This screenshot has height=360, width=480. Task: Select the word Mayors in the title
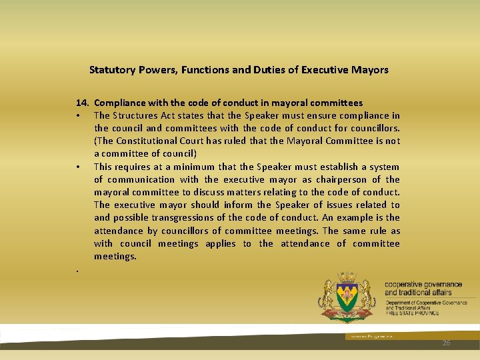(x=371, y=69)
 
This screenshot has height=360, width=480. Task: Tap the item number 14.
(x=83, y=103)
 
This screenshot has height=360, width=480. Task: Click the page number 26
(x=446, y=342)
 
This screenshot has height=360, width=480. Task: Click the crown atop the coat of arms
(x=347, y=275)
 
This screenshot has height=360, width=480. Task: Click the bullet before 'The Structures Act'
(x=79, y=116)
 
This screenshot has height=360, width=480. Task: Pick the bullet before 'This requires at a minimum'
(x=79, y=167)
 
